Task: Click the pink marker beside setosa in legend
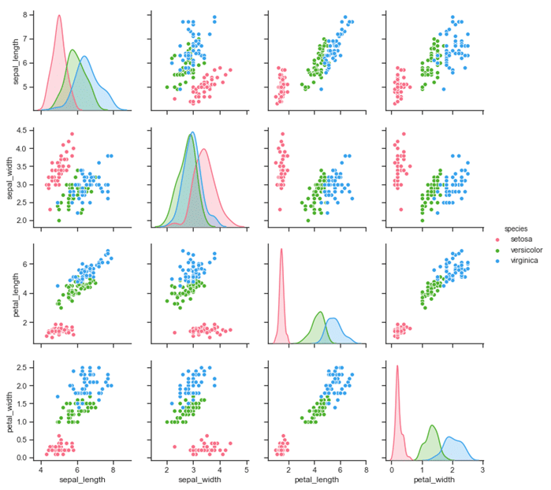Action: coord(496,239)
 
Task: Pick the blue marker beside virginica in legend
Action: coord(496,260)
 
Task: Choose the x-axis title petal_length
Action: coord(314,480)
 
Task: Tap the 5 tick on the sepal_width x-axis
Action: coord(247,469)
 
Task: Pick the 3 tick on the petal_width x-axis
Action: coord(482,469)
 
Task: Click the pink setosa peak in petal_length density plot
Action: coord(281,249)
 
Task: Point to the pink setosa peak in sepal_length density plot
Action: coord(59,16)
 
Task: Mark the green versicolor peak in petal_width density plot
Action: coord(433,426)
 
